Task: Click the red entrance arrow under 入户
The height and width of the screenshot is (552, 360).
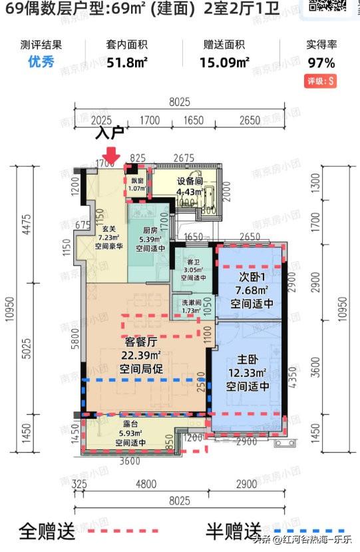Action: click(x=111, y=154)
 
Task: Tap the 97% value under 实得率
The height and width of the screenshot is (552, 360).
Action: click(x=321, y=63)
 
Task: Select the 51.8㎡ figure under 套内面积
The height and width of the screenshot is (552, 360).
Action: click(x=126, y=63)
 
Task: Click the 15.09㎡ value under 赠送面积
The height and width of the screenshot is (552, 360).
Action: click(x=224, y=63)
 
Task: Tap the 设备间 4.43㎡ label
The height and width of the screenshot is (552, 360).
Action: click(x=189, y=187)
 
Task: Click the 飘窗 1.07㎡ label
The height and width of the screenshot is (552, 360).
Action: click(x=137, y=184)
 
